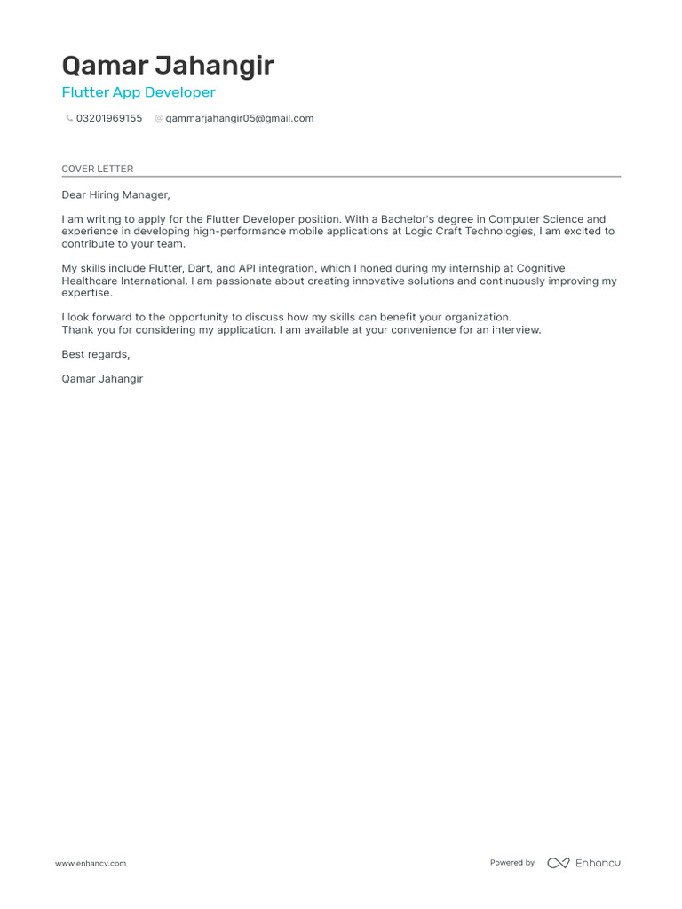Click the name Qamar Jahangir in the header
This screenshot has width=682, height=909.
(x=168, y=66)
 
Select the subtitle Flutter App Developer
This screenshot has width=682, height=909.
(x=139, y=92)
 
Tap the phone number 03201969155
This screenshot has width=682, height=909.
(x=109, y=118)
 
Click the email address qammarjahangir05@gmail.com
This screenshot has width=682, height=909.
(x=240, y=118)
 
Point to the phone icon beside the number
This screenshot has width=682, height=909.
(x=69, y=118)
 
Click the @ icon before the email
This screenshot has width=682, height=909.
(x=159, y=118)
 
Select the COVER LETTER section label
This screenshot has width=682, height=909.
(x=97, y=169)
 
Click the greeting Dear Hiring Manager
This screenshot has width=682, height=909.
(x=115, y=194)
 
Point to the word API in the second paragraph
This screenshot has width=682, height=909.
(x=249, y=268)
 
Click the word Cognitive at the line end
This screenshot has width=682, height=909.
(x=541, y=268)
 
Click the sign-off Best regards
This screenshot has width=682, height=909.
(x=95, y=354)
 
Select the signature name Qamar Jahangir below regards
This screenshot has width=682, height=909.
(x=102, y=379)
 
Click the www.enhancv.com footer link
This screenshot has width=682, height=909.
(x=91, y=863)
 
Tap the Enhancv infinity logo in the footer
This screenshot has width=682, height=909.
(x=559, y=863)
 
